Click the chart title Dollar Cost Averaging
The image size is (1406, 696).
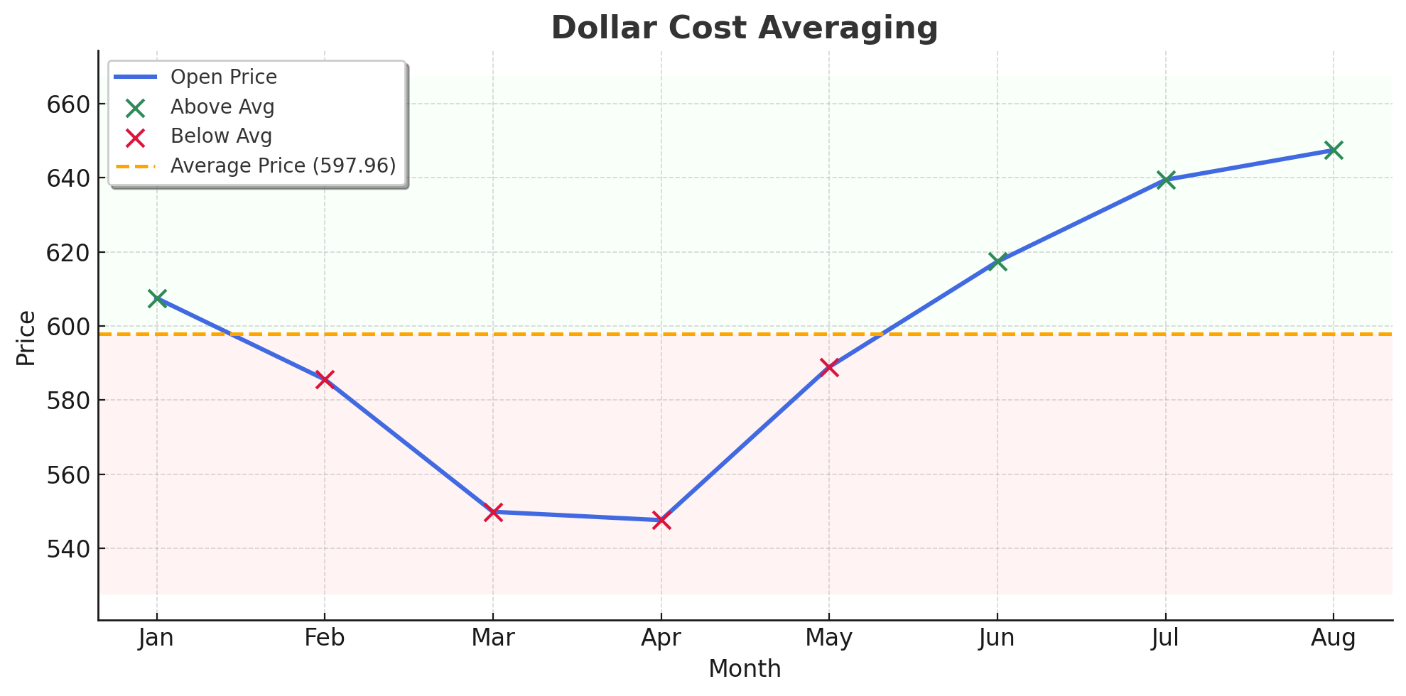(x=744, y=28)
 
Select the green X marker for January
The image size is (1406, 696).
(x=157, y=298)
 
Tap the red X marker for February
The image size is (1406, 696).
(x=325, y=379)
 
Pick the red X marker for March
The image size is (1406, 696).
(x=493, y=511)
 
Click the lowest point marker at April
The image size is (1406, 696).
(x=661, y=521)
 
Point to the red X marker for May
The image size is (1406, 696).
(x=829, y=367)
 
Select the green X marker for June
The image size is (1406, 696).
(x=997, y=261)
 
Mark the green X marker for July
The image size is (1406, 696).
(x=1165, y=180)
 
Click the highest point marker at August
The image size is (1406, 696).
(x=1334, y=150)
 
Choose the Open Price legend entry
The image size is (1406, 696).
(x=224, y=77)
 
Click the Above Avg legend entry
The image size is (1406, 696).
(x=222, y=107)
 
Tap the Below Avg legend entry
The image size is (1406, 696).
(x=221, y=136)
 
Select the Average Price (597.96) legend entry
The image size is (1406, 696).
(x=283, y=165)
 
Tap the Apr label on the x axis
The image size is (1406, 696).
(x=661, y=638)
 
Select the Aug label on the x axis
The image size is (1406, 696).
(x=1334, y=638)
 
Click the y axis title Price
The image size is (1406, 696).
(x=26, y=338)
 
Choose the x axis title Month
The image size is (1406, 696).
(x=745, y=669)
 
